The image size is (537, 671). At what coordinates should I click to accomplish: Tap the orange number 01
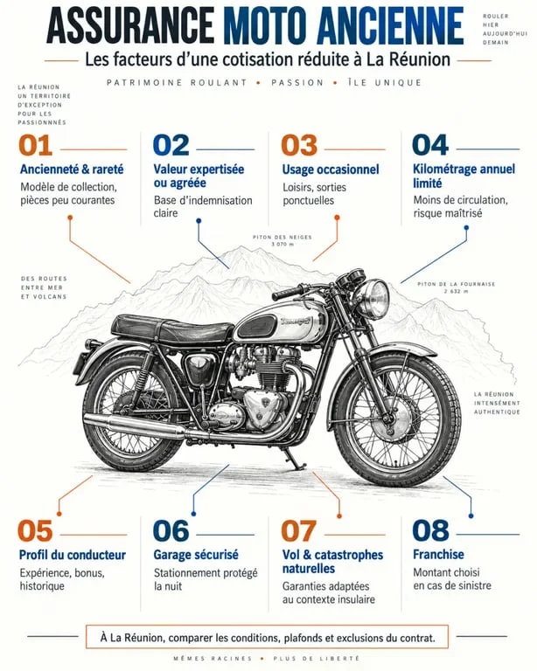click(x=35, y=146)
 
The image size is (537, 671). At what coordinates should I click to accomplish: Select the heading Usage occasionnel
click(x=331, y=169)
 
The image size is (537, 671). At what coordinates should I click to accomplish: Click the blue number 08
click(x=430, y=530)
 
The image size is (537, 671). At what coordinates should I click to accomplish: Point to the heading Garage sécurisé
click(x=196, y=555)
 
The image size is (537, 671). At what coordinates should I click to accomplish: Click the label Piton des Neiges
click(x=282, y=237)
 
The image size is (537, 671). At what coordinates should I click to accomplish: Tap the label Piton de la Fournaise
click(x=456, y=284)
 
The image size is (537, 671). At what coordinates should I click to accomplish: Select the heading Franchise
click(x=438, y=554)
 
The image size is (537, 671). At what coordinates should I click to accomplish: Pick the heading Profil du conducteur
click(x=73, y=555)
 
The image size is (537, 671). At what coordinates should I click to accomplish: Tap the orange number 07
click(x=298, y=530)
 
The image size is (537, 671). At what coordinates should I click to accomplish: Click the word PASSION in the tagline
click(x=297, y=83)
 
